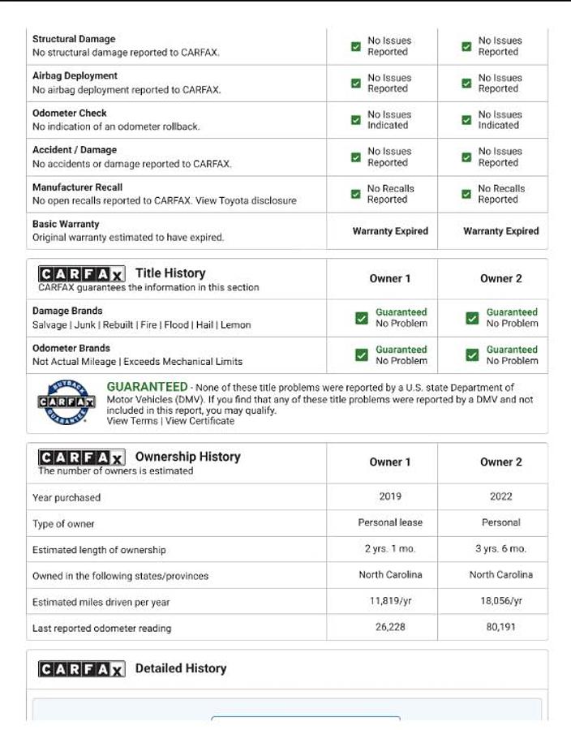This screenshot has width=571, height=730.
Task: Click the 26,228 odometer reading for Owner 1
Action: pos(390,627)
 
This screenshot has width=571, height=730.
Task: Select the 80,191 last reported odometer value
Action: pos(500,627)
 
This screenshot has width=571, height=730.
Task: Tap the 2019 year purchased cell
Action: pos(390,496)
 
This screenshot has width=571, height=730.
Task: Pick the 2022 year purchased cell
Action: pos(500,496)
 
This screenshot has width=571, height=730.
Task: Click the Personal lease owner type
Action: pos(390,522)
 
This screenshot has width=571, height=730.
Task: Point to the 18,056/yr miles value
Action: pos(500,601)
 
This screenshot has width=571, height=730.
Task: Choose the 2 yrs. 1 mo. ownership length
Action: pos(390,549)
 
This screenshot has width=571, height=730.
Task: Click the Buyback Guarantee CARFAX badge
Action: pos(66,403)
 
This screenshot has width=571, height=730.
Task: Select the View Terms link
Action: pos(131,421)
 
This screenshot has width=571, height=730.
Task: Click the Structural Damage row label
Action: pos(74,39)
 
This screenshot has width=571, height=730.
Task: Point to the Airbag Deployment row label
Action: pos(75,75)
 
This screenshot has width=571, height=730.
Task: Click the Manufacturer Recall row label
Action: pos(77,187)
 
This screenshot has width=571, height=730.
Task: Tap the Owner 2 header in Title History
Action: pos(500,278)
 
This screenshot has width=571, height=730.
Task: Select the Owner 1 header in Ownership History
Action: pos(390,462)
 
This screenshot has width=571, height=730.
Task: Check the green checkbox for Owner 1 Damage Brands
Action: pos(362,318)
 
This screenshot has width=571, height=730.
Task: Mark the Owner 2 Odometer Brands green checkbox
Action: pos(472,355)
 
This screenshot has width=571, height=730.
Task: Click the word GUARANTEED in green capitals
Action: pos(147,387)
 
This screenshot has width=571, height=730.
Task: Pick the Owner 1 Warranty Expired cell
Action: pos(390,231)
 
